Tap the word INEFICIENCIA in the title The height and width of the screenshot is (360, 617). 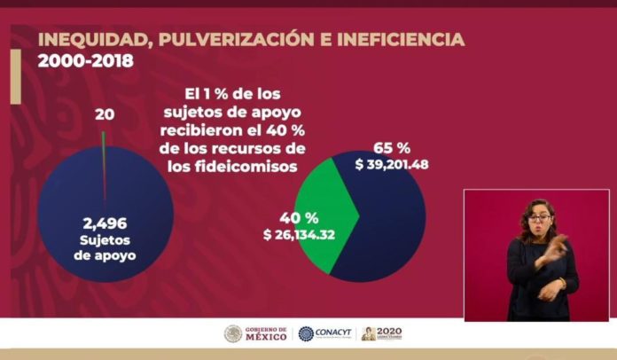(x=391, y=40)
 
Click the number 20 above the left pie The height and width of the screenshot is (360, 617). (x=104, y=114)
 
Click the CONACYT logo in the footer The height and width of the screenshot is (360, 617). (x=325, y=334)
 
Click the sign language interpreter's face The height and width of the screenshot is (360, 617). (x=538, y=218)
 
